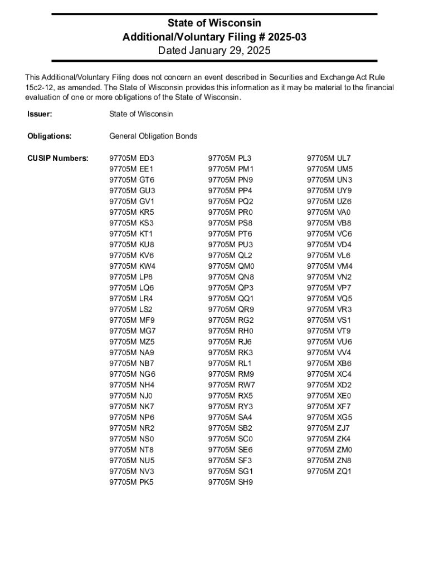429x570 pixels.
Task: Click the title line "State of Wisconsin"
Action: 214,23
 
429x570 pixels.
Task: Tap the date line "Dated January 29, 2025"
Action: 214,51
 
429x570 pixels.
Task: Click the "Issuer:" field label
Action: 40,114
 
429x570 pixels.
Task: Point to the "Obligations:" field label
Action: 50,136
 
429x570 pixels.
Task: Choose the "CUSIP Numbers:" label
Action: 58,158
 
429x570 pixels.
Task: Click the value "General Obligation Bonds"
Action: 153,136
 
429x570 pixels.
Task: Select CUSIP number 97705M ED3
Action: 131,158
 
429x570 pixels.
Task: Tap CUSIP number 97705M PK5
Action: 131,482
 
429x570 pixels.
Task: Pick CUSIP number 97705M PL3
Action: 230,158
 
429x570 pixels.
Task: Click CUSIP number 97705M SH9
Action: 231,482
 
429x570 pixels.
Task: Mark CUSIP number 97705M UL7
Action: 329,158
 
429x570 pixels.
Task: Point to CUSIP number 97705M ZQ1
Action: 330,471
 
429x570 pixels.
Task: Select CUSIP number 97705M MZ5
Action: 132,342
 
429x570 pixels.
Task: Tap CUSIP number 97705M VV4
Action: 329,352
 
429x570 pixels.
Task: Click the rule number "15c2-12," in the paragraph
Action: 39,87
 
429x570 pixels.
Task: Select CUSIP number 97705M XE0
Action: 329,396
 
